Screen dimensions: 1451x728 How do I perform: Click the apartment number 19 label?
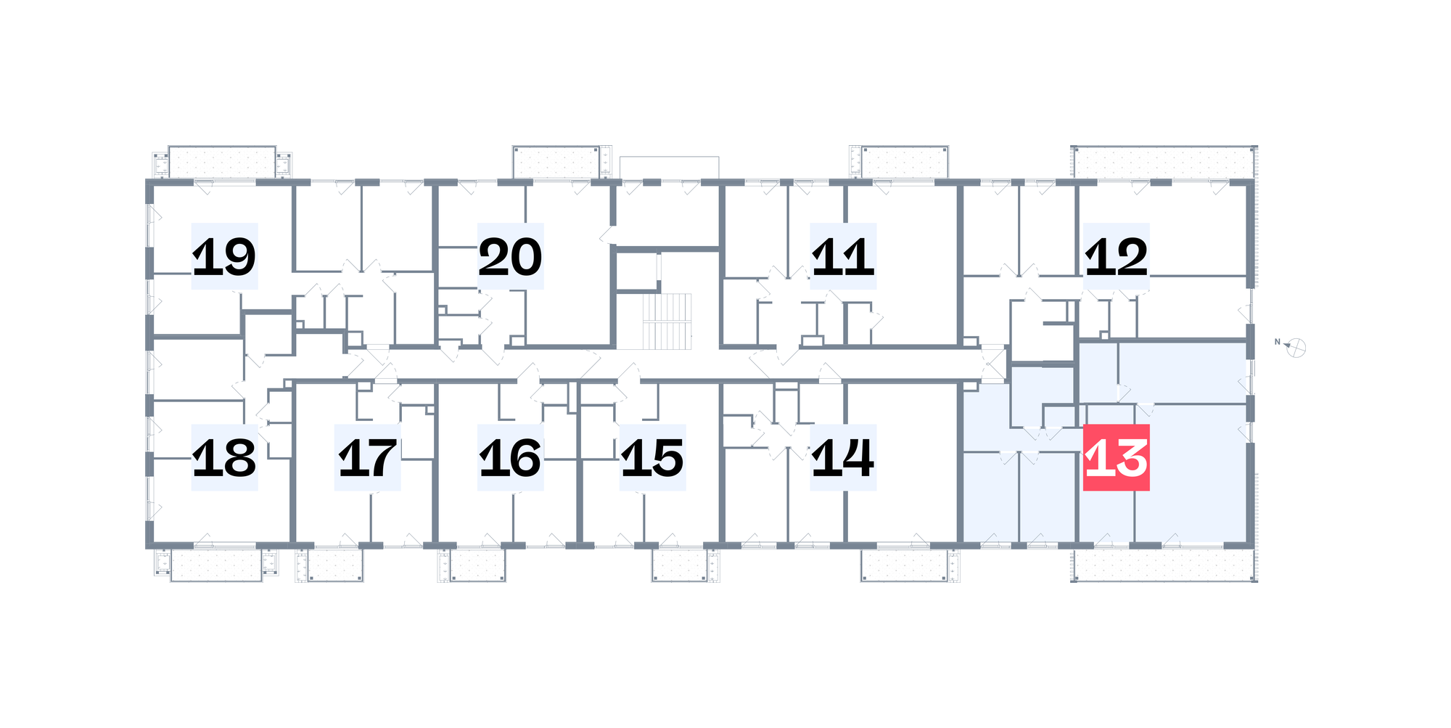pyautogui.click(x=224, y=256)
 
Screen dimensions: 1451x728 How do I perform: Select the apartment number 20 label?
pyautogui.click(x=510, y=256)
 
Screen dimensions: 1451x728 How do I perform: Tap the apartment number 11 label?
pyautogui.click(x=843, y=256)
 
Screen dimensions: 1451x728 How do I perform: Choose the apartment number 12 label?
pyautogui.click(x=1117, y=256)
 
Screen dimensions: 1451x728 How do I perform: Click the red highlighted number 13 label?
pyautogui.click(x=1117, y=457)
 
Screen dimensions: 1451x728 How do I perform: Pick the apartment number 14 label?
pyautogui.click(x=843, y=457)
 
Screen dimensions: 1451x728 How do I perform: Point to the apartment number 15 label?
pyautogui.click(x=653, y=457)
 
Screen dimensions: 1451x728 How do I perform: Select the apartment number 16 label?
pyautogui.click(x=510, y=457)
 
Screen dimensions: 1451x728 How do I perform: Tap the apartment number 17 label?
pyautogui.click(x=368, y=457)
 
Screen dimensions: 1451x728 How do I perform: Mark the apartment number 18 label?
pyautogui.click(x=224, y=457)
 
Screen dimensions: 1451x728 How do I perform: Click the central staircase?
pyautogui.click(x=667, y=322)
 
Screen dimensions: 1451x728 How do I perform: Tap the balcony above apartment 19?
pyautogui.click(x=222, y=162)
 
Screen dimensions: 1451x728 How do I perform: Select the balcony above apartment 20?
pyautogui.click(x=556, y=162)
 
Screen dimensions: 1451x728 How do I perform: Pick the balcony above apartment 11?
pyautogui.click(x=905, y=162)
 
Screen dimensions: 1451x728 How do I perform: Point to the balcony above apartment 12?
pyautogui.click(x=1164, y=162)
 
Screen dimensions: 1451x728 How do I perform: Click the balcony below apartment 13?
pyautogui.click(x=1164, y=565)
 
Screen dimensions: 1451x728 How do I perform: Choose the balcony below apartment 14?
pyautogui.click(x=905, y=565)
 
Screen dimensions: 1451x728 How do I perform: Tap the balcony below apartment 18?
pyautogui.click(x=216, y=565)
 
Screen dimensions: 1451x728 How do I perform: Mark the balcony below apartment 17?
pyautogui.click(x=335, y=565)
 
